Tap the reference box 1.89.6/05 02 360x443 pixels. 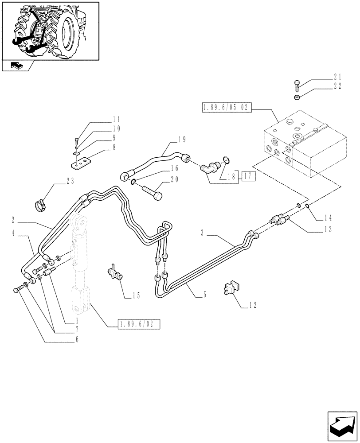pyautogui.click(x=227, y=107)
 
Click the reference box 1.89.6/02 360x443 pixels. pyautogui.click(x=138, y=324)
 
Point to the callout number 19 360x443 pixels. pyautogui.click(x=181, y=140)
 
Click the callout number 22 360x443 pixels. pyautogui.click(x=337, y=86)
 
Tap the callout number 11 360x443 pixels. pyautogui.click(x=116, y=120)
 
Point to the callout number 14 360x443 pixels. pyautogui.click(x=329, y=218)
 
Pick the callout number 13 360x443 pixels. pyautogui.click(x=329, y=229)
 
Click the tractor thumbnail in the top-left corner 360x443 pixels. pyautogui.click(x=50, y=31)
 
